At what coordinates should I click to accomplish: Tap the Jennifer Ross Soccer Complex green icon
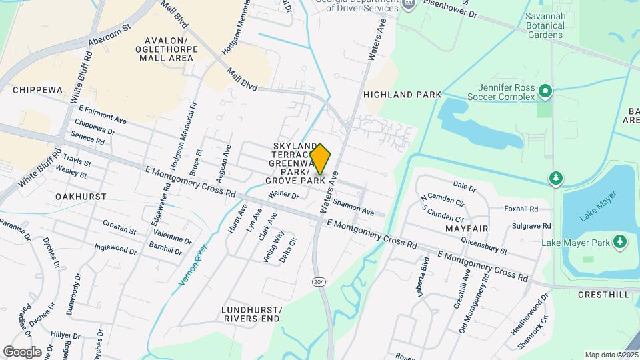[x=545, y=90]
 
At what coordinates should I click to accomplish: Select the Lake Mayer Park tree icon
[x=620, y=241]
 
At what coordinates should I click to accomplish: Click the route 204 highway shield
[x=319, y=282]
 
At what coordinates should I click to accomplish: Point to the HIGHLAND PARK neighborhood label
[x=402, y=95]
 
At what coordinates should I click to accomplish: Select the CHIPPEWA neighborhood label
[x=37, y=90]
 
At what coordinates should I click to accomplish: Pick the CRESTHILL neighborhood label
[x=603, y=294]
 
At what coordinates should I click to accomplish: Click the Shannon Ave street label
[x=354, y=206]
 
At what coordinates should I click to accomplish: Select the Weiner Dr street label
[x=283, y=195]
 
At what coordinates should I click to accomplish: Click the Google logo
[x=22, y=351]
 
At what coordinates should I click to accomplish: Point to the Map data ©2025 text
[x=611, y=355]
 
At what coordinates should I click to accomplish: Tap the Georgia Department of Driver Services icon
[x=409, y=5]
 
